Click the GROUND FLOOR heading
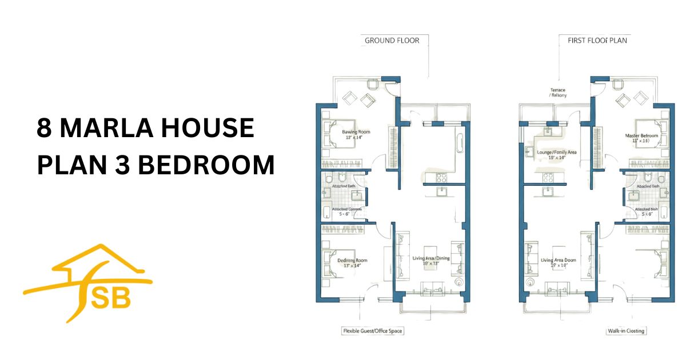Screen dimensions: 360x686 [x=392, y=41]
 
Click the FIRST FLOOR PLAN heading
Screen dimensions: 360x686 [x=597, y=41]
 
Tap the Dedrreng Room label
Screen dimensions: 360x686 [x=352, y=260]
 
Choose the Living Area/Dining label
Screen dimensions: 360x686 [x=431, y=258]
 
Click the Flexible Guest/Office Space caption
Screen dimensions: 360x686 [x=373, y=331]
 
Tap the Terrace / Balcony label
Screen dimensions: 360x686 [x=557, y=93]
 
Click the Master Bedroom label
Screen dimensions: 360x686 [x=641, y=136]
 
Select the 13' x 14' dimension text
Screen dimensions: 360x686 [x=352, y=266]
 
